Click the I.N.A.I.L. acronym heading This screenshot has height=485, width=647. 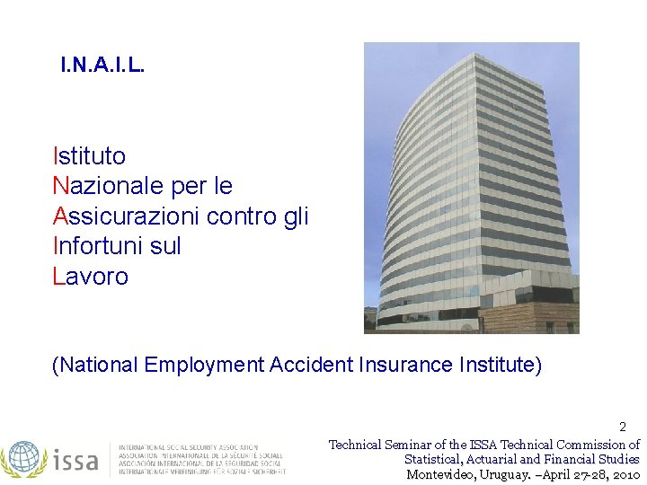pyautogui.click(x=102, y=66)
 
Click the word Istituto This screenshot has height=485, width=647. pyautogui.click(x=90, y=156)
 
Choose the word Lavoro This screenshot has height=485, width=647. pyautogui.click(x=91, y=277)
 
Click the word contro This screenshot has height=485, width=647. pyautogui.click(x=240, y=216)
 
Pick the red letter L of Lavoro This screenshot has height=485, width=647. pyautogui.click(x=58, y=277)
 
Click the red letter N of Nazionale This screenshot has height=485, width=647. pyautogui.click(x=61, y=186)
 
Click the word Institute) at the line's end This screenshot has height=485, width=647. pyautogui.click(x=501, y=365)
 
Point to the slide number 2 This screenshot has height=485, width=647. pyautogui.click(x=622, y=428)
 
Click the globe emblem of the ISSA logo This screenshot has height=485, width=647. pyautogui.click(x=23, y=458)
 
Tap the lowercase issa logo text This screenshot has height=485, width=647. pyautogui.click(x=75, y=460)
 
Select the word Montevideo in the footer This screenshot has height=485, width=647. pyautogui.click(x=439, y=474)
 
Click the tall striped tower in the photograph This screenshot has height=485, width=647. pyautogui.click(x=471, y=180)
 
